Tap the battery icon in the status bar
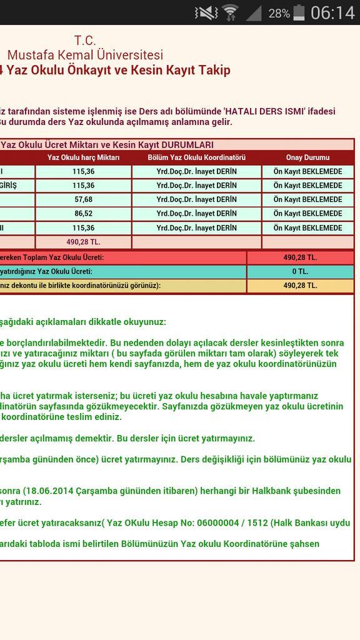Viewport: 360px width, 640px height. pyautogui.click(x=299, y=12)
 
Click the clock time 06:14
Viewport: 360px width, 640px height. pyautogui.click(x=332, y=12)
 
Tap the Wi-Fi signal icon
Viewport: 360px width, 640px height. pyautogui.click(x=230, y=12)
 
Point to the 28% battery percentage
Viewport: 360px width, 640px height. pyautogui.click(x=279, y=13)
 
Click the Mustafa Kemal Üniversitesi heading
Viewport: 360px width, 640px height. pyautogui.click(x=85, y=55)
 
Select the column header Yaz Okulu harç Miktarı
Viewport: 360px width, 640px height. pyautogui.click(x=83, y=157)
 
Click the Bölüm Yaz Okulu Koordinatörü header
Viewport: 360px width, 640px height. pyautogui.click(x=196, y=157)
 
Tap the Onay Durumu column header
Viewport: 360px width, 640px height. pyautogui.click(x=307, y=157)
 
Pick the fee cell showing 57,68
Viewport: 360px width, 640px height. pyautogui.click(x=83, y=199)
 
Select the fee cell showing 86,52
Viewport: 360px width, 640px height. pyautogui.click(x=83, y=213)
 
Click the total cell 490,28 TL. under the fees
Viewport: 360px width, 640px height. pyautogui.click(x=83, y=241)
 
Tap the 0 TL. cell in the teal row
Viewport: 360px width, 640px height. pyautogui.click(x=300, y=271)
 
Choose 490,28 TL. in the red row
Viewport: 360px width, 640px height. pyautogui.click(x=300, y=257)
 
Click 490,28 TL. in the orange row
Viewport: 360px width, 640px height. pyautogui.click(x=300, y=285)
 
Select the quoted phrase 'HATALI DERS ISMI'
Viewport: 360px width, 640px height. pyautogui.click(x=263, y=110)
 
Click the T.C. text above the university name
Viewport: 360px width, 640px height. pyautogui.click(x=85, y=41)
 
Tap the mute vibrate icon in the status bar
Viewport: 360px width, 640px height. pyautogui.click(x=206, y=12)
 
